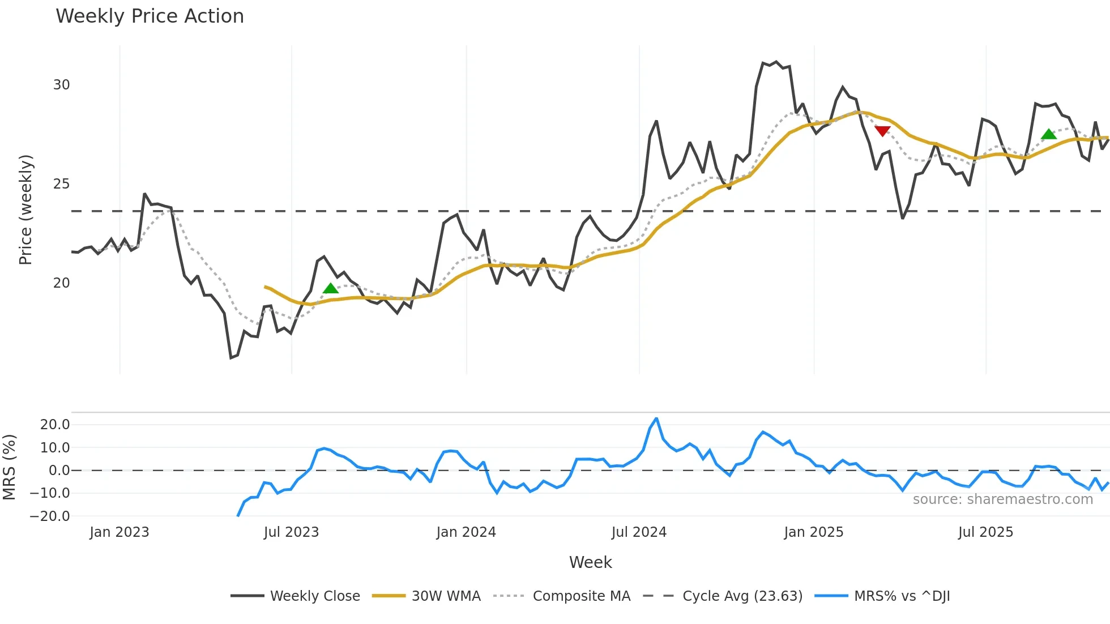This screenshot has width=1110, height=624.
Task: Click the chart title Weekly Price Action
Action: tap(150, 16)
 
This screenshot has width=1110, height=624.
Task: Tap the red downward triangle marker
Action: tap(882, 131)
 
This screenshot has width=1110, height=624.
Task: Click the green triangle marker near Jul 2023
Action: tap(330, 288)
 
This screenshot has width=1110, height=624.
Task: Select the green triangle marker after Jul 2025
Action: tap(1049, 134)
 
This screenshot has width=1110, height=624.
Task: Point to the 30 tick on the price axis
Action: tap(61, 85)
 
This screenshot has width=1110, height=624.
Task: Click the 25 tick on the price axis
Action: tap(61, 184)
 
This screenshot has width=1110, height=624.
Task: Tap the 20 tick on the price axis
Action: tap(61, 283)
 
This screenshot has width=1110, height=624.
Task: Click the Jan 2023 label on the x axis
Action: tap(119, 532)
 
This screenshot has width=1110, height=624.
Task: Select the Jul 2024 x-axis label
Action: tap(639, 532)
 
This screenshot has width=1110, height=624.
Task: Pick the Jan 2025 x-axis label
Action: tap(814, 532)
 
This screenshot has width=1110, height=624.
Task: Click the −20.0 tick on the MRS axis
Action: tap(50, 516)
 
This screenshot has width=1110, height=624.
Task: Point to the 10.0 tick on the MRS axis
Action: tap(55, 448)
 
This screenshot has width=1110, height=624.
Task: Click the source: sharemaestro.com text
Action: tap(1002, 499)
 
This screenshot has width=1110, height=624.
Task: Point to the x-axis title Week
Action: tap(590, 562)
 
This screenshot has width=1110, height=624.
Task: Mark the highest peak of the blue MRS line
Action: tap(656, 419)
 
